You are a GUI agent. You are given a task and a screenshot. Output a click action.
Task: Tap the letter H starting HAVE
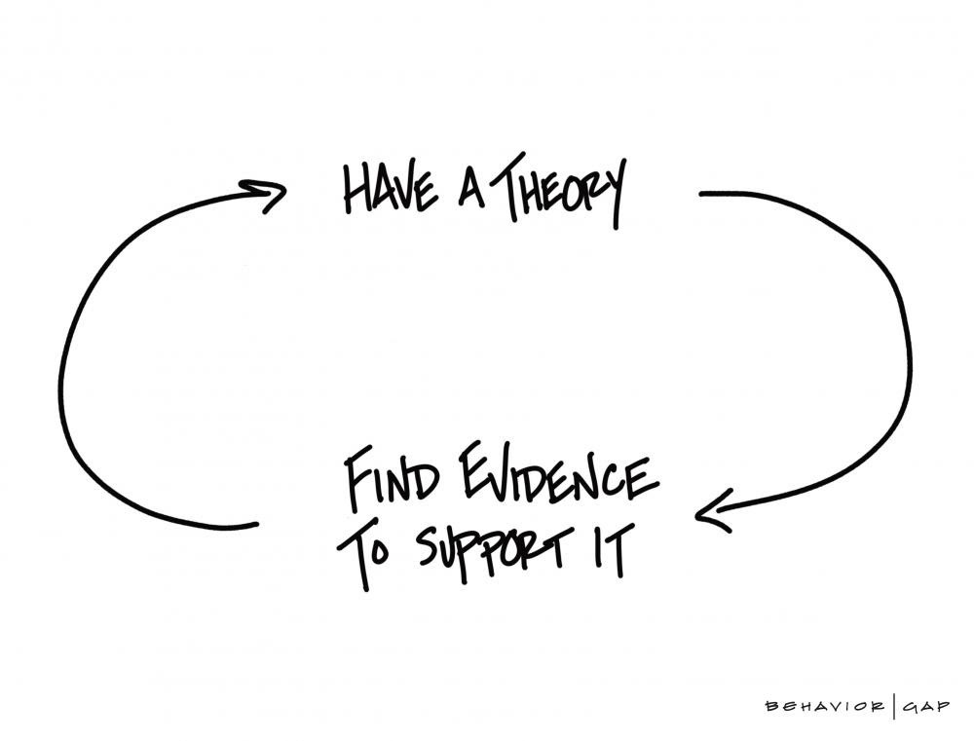[x=354, y=190]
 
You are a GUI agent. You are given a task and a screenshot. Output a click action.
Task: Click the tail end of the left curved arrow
[x=254, y=525]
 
